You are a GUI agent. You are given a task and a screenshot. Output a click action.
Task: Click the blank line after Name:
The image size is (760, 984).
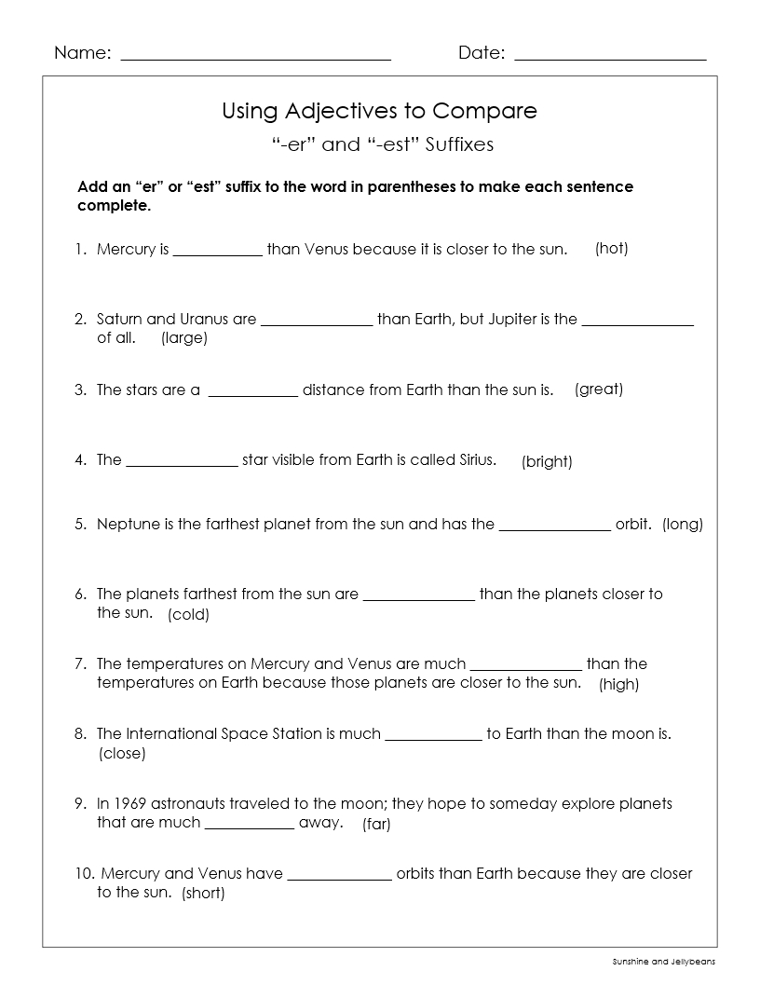[255, 58]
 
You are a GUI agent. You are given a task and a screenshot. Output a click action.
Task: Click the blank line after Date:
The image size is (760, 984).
[610, 58]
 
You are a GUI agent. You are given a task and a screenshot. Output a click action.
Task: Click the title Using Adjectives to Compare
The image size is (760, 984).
[379, 112]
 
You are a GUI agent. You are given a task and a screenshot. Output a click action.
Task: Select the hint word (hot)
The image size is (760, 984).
[612, 249]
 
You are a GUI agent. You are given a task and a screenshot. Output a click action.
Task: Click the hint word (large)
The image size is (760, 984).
[184, 338]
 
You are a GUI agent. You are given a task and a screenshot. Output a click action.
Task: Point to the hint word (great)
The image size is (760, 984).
[599, 389]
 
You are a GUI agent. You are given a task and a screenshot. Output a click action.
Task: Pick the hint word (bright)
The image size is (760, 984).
[547, 461]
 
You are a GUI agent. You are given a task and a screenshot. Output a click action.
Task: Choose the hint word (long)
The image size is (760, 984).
[683, 525]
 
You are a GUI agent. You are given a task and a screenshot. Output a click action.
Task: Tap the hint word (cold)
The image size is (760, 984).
[188, 615]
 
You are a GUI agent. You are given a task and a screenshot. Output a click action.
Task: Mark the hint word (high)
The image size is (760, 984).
[618, 685]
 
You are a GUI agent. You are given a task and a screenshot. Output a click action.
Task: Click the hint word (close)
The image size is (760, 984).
[122, 754]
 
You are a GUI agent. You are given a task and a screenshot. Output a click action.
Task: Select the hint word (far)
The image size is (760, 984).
[376, 824]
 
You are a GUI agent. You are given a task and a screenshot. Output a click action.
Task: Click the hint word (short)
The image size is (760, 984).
[203, 894]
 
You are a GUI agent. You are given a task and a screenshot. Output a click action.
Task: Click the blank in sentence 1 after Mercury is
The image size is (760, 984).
[218, 252]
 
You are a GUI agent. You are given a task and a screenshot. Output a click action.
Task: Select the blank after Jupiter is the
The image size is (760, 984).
[638, 321]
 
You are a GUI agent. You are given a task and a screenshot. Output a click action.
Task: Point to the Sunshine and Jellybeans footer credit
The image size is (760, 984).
[664, 962]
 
